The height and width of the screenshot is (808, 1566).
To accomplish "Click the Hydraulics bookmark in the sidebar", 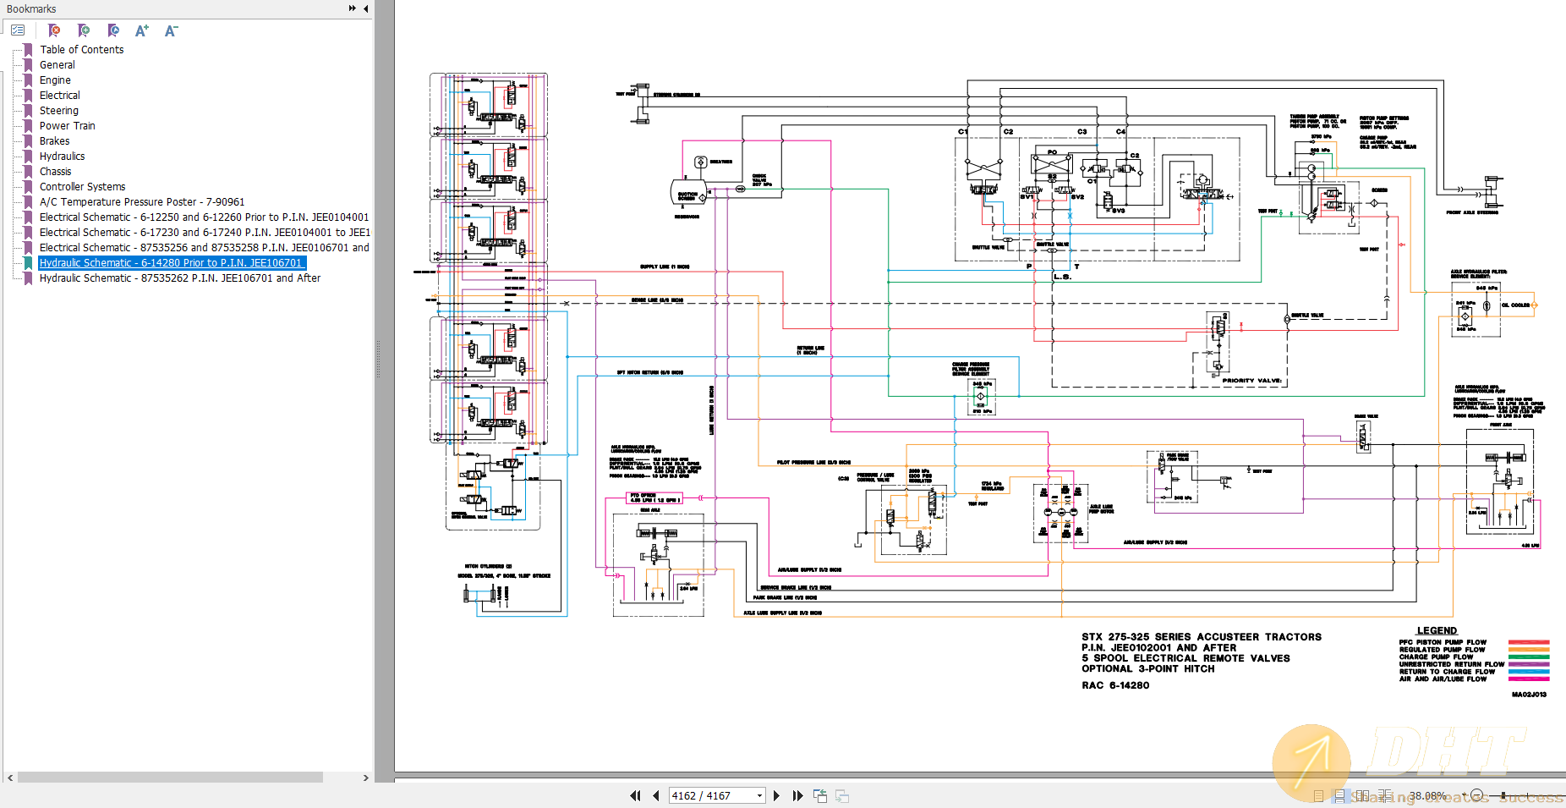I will [62, 157].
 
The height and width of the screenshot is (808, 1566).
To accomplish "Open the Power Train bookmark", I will [67, 126].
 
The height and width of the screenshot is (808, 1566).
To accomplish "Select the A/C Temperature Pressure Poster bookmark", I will [141, 202].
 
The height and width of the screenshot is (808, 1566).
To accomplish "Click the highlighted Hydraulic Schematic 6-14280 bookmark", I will [171, 263].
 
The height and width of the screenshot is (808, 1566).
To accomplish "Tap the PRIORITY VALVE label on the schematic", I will [1251, 381].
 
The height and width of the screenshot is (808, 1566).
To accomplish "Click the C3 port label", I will [1081, 132].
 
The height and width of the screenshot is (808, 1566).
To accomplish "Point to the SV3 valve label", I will [1118, 211].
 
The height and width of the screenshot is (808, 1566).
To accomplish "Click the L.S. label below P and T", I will [1062, 277].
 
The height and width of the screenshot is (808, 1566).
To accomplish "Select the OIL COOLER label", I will [1515, 305].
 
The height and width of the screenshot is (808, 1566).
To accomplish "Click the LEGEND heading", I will [1437, 631].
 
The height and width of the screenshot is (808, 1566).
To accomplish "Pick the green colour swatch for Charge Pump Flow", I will [1529, 657].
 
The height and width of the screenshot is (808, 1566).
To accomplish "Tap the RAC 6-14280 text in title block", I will [1115, 686].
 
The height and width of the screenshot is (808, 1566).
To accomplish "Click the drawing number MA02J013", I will [1529, 695].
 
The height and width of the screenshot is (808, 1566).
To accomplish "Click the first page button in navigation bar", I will [635, 795].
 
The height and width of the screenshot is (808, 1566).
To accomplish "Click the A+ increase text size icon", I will [141, 30].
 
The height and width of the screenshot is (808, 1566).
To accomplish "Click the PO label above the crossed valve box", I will [1052, 152].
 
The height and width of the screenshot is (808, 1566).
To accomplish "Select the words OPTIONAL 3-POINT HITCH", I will [1147, 669].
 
